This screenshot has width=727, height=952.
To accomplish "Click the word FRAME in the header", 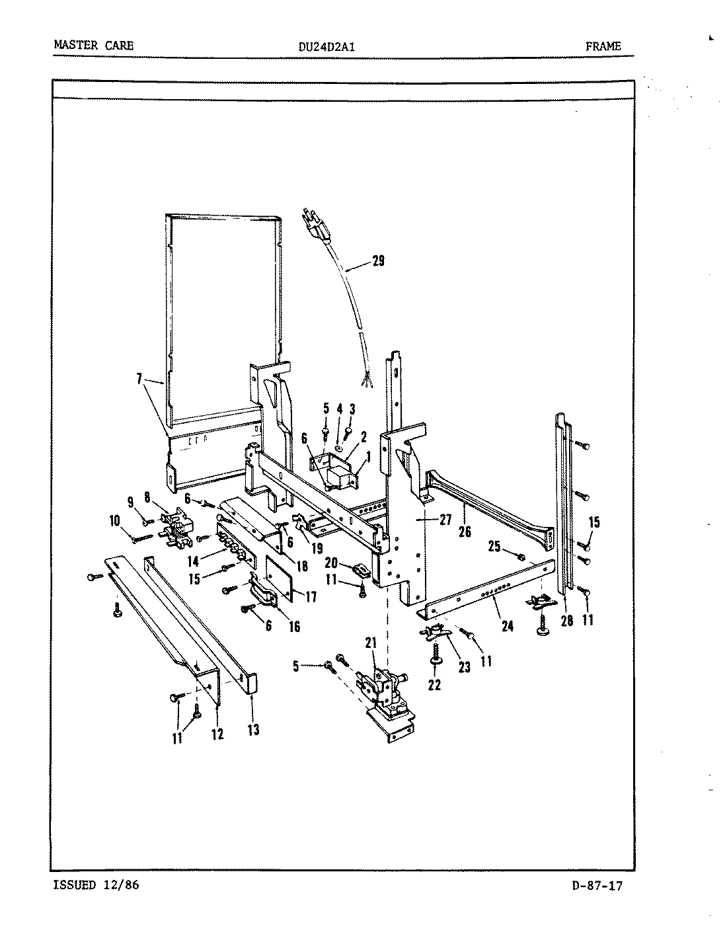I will pyautogui.click(x=603, y=46).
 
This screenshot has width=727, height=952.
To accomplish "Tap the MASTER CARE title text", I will pyautogui.click(x=93, y=46).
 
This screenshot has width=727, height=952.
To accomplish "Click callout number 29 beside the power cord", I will pyautogui.click(x=377, y=261).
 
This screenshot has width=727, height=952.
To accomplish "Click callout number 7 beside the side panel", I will pyautogui.click(x=139, y=379).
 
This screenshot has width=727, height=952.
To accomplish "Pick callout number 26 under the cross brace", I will pyautogui.click(x=465, y=531).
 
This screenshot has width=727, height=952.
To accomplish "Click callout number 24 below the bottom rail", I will pyautogui.click(x=507, y=625).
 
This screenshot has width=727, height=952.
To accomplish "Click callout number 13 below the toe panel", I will pyautogui.click(x=253, y=730).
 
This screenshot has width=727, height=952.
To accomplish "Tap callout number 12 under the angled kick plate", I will pyautogui.click(x=217, y=734).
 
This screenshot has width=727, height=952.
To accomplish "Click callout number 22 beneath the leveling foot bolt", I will pyautogui.click(x=434, y=686).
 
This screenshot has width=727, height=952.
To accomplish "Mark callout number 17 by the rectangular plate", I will pyautogui.click(x=310, y=596).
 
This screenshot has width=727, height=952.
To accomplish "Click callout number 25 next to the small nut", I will pyautogui.click(x=494, y=546).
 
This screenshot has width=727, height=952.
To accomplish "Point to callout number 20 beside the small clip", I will pyautogui.click(x=331, y=563).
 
